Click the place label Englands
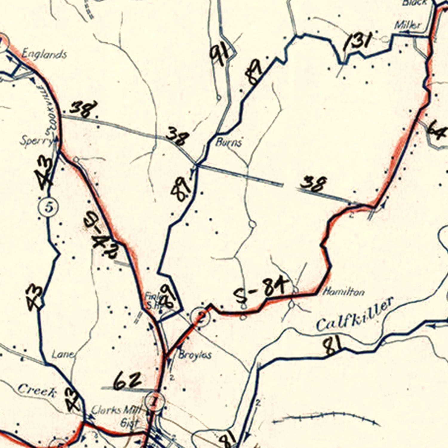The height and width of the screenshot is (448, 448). pos(44,54)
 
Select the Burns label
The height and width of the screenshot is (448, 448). pos(228,142)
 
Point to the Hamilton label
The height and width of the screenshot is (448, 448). pos(344,291)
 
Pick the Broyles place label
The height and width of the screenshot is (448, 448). pos(195,355)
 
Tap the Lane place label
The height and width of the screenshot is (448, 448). pos(63,355)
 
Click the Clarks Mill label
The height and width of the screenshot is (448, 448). pos(116,410)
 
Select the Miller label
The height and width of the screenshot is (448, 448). pos(407,25)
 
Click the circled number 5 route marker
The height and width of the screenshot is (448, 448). pos(48,207)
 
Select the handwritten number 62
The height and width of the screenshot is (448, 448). pos(128,381)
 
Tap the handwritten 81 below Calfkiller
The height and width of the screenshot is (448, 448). pos(332,346)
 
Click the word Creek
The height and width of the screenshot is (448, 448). pos(37,390)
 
